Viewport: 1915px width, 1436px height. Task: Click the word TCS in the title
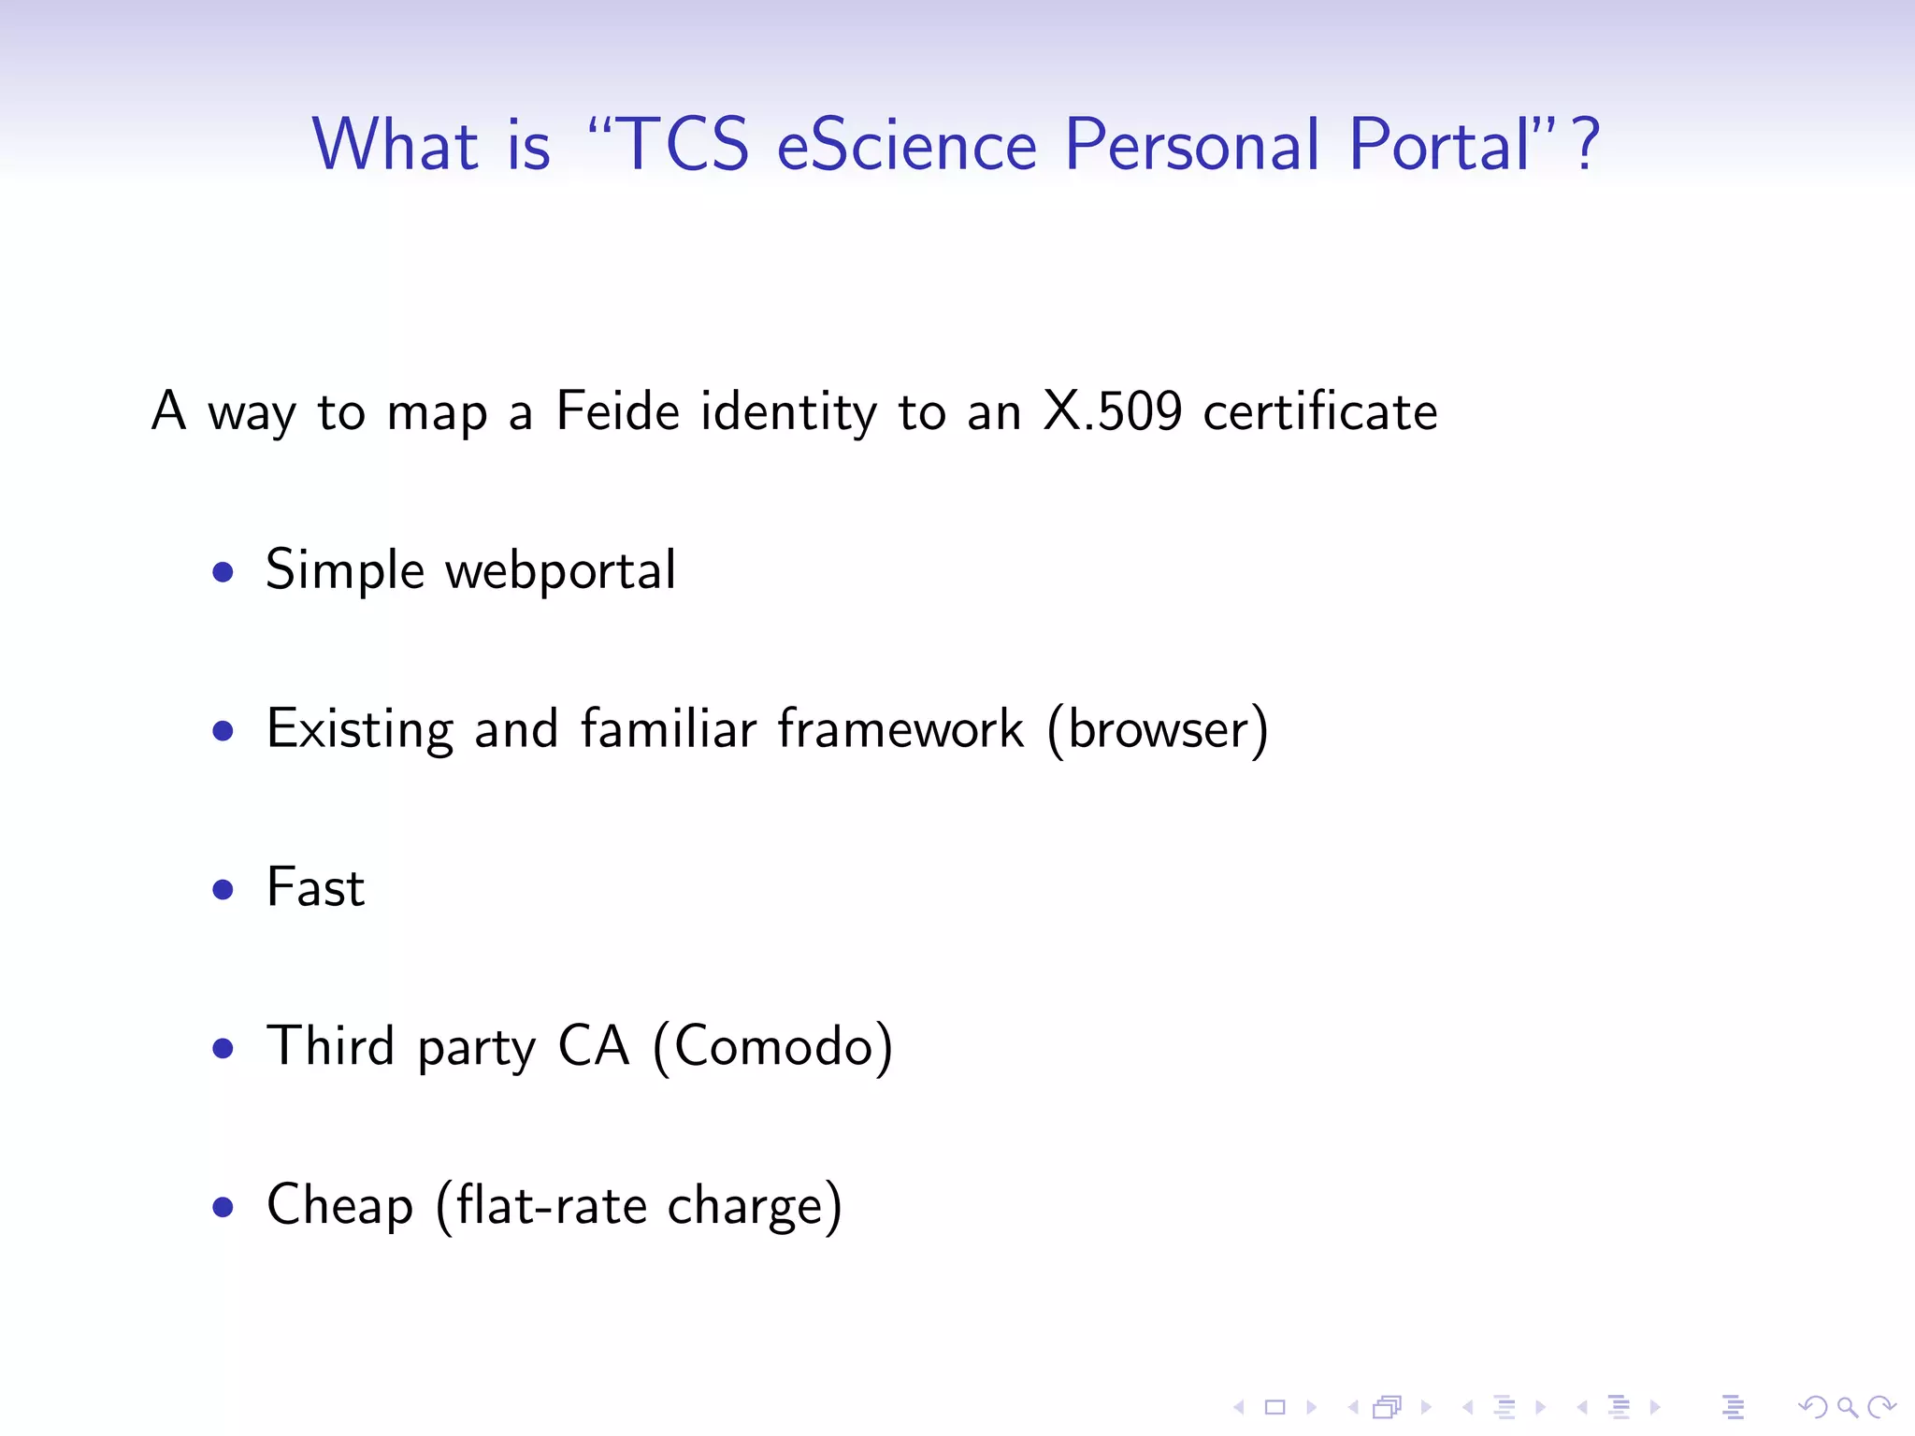click(x=684, y=145)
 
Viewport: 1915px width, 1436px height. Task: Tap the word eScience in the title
click(x=906, y=145)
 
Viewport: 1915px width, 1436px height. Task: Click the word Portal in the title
click(x=1439, y=145)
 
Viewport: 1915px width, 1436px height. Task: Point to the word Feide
click(x=617, y=411)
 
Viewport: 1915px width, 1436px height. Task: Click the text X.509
click(x=1112, y=411)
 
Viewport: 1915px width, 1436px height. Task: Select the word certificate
click(x=1319, y=411)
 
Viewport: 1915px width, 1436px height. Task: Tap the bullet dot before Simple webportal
click(x=223, y=571)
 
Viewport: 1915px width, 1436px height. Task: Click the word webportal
click(x=560, y=571)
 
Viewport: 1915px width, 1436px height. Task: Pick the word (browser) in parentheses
click(x=1158, y=730)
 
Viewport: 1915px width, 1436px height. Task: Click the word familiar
click(x=668, y=730)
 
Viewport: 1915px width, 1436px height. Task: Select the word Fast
click(x=315, y=888)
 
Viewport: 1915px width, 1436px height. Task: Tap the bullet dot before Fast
click(x=223, y=889)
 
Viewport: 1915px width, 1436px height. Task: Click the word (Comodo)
click(x=772, y=1047)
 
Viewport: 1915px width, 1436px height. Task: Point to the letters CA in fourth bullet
click(x=593, y=1047)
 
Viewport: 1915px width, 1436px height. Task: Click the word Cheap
click(x=339, y=1206)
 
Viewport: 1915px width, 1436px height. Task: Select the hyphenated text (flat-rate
click(x=540, y=1206)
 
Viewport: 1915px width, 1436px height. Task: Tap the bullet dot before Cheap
click(x=223, y=1207)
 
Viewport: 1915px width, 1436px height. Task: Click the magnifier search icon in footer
click(x=1847, y=1406)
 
